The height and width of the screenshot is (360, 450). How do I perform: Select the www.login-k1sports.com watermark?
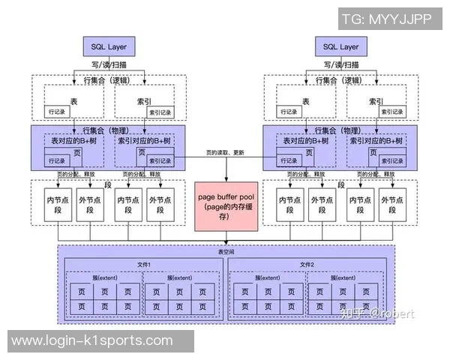tap(92, 340)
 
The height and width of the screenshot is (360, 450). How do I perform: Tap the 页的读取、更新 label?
tap(224, 152)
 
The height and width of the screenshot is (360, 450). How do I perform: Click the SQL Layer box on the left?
tap(109, 46)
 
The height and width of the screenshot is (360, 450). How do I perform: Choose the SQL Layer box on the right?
tap(340, 46)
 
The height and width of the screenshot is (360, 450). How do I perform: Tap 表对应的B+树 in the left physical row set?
tap(74, 140)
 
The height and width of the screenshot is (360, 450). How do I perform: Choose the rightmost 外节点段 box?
tap(393, 205)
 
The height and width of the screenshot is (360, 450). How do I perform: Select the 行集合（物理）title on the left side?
tap(105, 129)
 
